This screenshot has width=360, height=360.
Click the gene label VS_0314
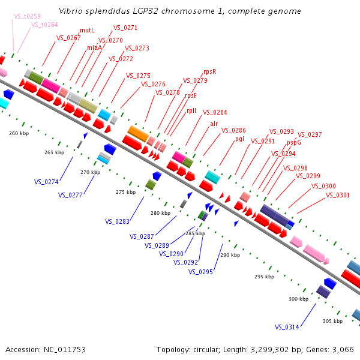pos(287,327)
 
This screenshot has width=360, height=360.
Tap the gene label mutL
pos(87,30)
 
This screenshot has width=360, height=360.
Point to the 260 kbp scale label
pos(19,133)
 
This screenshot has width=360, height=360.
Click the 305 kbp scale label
pos(332,321)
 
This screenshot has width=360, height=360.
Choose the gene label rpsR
pos(209,71)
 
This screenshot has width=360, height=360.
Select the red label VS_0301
pos(337,194)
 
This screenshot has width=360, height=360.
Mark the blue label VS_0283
pos(117,221)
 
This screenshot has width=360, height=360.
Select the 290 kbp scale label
pos(230,255)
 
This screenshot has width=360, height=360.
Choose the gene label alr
pos(214,124)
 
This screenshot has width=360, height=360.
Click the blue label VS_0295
pos(200,272)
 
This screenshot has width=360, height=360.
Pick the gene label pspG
pos(293,142)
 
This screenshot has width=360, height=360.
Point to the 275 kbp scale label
pos(125,192)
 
